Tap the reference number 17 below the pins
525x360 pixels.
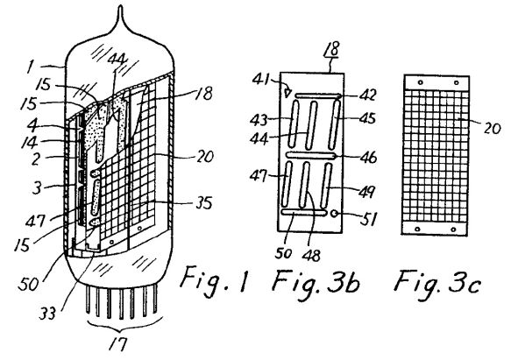coord(118,344)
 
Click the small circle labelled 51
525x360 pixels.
coord(333,214)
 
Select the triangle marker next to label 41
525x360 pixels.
coord(287,93)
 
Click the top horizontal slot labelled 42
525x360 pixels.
coord(318,96)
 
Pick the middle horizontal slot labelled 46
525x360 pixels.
coord(311,156)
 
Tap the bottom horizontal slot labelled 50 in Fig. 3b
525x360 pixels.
coord(304,213)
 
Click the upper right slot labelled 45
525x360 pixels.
coord(334,124)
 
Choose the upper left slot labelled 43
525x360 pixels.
coord(294,124)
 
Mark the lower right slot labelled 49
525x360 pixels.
coord(326,186)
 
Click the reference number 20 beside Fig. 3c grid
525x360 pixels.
coord(492,128)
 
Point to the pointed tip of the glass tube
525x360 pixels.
coord(120,6)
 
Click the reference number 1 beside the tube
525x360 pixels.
coord(30,67)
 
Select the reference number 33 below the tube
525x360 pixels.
coord(47,314)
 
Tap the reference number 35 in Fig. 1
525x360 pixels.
coord(203,202)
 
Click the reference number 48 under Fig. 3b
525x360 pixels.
coord(311,256)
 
